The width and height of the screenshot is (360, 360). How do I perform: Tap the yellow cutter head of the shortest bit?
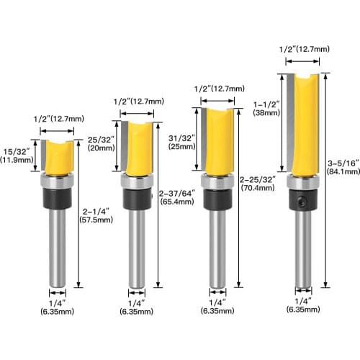click(58, 158)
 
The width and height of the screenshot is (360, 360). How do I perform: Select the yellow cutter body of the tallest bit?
click(305, 126)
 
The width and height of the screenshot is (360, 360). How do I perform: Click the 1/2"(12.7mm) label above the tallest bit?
click(304, 49)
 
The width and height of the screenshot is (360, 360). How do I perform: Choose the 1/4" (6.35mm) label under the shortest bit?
click(58, 307)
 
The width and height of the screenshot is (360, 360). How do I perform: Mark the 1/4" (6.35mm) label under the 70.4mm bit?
click(216, 307)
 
